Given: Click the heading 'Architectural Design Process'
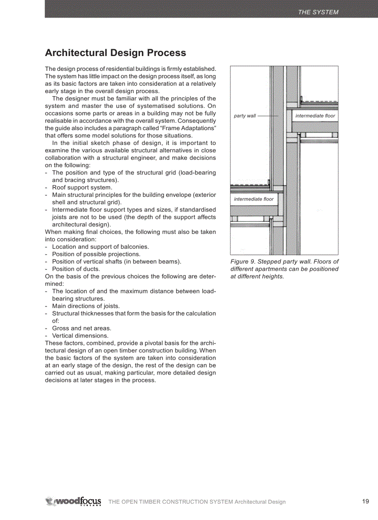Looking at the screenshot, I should click(115, 53).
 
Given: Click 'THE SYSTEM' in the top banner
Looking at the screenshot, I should click(318, 12).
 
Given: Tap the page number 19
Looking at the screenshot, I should click(365, 501).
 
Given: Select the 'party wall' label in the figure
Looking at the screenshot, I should click(245, 116).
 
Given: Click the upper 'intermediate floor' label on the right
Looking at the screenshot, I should click(315, 116).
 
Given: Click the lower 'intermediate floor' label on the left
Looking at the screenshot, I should click(254, 199).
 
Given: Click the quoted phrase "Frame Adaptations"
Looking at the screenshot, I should click(189, 128).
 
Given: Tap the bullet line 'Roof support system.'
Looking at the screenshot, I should click(82, 188).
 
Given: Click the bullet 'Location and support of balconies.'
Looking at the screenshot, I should click(100, 247).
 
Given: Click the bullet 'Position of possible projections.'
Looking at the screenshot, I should click(96, 254).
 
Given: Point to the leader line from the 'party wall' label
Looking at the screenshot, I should click(267, 116).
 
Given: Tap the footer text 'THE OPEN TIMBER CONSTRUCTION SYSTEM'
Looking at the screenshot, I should click(170, 502).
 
